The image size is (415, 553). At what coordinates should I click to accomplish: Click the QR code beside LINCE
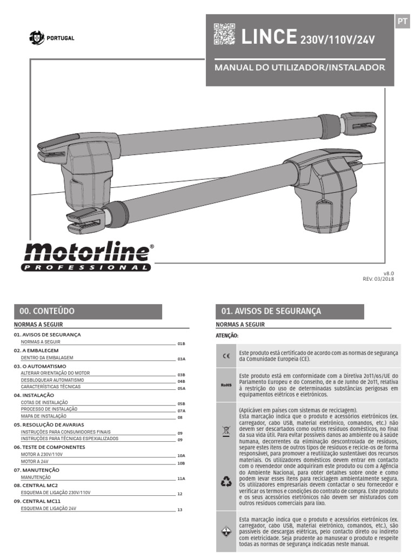point(224,34)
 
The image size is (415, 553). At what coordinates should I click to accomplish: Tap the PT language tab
point(402,21)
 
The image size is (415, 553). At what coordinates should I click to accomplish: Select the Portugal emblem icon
point(36,38)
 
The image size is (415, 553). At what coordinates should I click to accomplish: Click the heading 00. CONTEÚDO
point(47,311)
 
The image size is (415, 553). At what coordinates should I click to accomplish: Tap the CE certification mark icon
point(226,356)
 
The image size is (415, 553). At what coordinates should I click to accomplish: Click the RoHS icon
point(226,385)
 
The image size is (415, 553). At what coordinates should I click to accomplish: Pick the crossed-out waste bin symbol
point(226,430)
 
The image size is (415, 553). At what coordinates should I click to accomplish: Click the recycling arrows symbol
point(226,482)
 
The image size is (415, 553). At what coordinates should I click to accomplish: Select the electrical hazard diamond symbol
point(226,532)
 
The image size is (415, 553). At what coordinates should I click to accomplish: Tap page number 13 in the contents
point(180,510)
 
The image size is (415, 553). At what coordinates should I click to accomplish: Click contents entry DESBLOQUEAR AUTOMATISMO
point(52,380)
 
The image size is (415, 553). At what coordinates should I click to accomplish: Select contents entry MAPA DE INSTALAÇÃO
point(44,416)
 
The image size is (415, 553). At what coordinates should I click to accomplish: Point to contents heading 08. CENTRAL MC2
point(37,485)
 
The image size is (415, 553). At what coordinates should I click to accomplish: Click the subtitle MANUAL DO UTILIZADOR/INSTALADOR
point(300,68)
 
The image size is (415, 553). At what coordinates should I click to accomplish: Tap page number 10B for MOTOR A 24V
point(182,463)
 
